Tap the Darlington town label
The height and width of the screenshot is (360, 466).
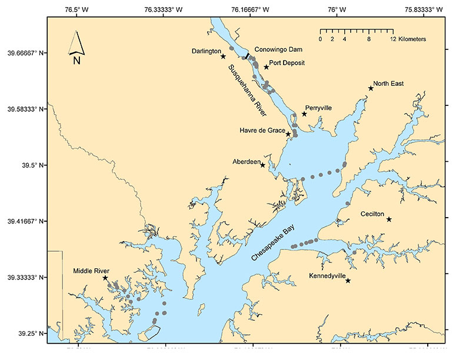(206, 51)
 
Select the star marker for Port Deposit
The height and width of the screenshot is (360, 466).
(267, 67)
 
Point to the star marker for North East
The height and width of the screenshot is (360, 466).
(371, 88)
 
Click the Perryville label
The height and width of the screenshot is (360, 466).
(318, 108)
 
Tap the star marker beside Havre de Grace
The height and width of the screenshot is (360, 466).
(288, 134)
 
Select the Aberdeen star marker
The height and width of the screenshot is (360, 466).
(262, 165)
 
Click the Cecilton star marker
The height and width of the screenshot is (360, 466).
(389, 219)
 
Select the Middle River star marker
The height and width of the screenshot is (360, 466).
(105, 278)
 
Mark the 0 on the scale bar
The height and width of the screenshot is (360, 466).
(320, 39)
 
